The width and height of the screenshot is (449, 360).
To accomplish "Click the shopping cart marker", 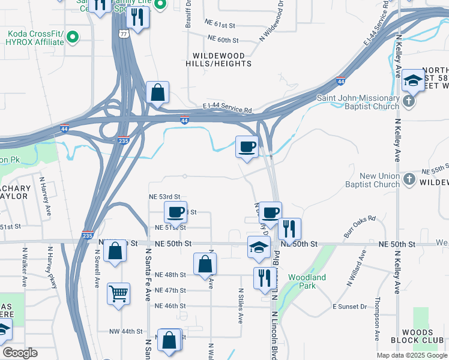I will (x=118, y=294).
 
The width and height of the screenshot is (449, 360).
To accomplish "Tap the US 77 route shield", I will (x=123, y=34).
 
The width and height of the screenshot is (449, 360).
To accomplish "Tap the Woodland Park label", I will (x=307, y=281).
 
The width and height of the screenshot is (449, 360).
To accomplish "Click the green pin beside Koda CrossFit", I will (x=73, y=38).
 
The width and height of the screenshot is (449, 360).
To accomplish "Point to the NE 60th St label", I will (x=223, y=40).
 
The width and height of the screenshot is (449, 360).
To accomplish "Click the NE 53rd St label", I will (x=164, y=196).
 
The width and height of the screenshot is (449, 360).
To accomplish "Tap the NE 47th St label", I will (x=170, y=290).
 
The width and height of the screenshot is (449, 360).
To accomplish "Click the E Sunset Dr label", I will (x=349, y=307).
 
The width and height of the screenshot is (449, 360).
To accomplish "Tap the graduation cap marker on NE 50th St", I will (x=259, y=247).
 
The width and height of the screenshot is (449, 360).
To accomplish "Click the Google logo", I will (x=20, y=353).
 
